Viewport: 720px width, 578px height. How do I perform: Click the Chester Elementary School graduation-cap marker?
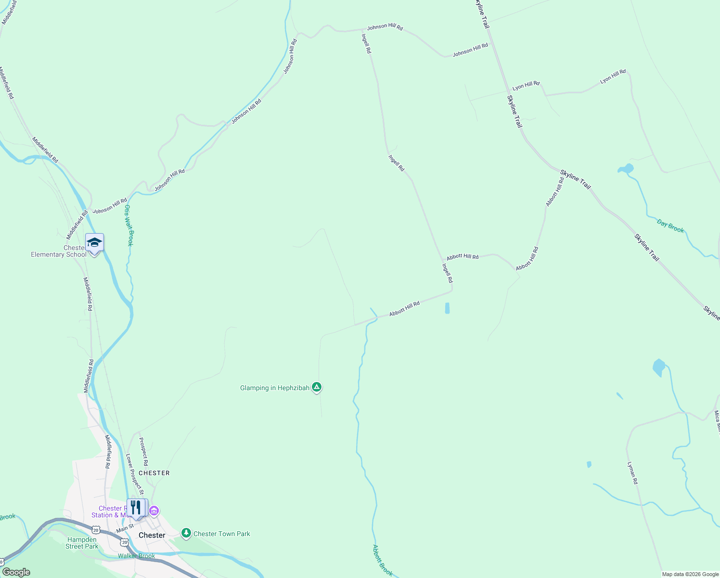(94, 243)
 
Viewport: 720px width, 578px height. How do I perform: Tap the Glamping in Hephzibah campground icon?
(317, 387)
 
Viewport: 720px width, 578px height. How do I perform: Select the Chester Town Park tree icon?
(186, 533)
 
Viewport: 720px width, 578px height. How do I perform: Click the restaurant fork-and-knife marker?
(135, 508)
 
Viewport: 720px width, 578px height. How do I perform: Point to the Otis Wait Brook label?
(129, 225)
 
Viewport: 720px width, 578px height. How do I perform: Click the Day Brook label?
(670, 226)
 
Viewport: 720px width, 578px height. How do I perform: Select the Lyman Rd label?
(632, 473)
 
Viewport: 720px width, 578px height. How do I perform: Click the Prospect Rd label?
(143, 451)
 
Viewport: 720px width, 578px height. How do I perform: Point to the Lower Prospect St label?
(135, 474)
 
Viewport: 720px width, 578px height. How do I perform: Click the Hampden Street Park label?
(82, 543)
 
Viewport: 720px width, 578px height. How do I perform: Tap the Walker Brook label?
(137, 556)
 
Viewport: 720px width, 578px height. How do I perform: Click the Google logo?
(16, 572)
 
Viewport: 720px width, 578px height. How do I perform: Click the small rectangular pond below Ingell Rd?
(448, 308)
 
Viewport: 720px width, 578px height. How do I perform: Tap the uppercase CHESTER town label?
(154, 473)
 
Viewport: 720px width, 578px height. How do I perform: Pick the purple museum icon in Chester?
(154, 511)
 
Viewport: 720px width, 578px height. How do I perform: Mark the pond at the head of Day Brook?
(626, 169)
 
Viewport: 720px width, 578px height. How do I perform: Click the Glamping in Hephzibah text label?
(275, 388)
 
